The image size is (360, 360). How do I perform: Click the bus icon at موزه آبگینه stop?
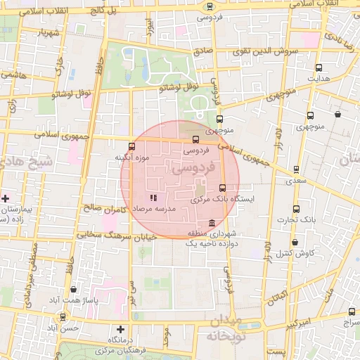click(x=131, y=146)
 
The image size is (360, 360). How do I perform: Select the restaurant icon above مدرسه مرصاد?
click(x=153, y=198)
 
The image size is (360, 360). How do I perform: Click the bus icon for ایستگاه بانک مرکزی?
click(x=223, y=188)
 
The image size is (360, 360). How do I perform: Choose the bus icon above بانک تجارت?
click(x=296, y=208)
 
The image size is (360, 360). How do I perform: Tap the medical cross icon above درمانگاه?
click(x=121, y=329)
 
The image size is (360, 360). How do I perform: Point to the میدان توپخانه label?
click(x=224, y=329)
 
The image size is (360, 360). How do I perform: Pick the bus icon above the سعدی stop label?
click(x=296, y=169)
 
